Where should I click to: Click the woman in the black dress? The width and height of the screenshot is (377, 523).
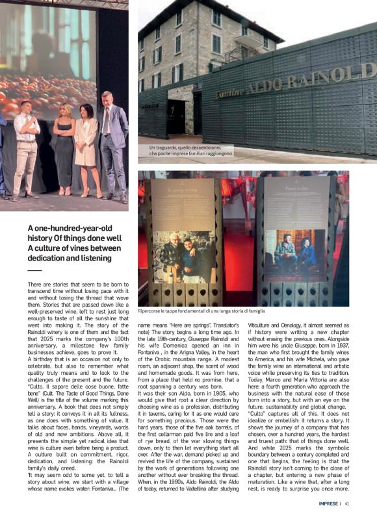click(64, 150)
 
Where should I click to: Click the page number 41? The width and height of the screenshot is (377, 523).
click(348, 502)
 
